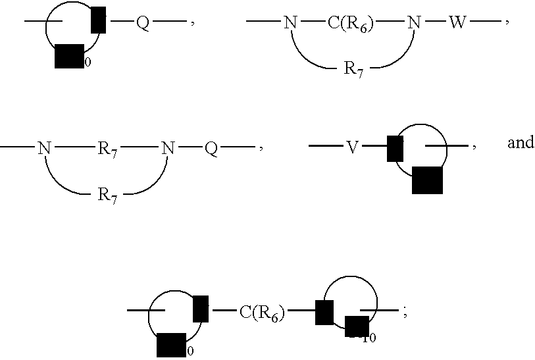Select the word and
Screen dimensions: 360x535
[x=520, y=143]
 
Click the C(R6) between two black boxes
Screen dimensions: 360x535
[x=262, y=313]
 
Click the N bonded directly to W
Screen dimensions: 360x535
[x=413, y=24]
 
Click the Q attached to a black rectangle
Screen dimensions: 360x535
[x=143, y=24]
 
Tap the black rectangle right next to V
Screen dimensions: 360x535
[x=395, y=148]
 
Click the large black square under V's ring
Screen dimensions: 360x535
[x=427, y=180]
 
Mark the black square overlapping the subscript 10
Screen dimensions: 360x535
[x=357, y=326]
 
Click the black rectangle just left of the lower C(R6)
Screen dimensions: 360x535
[x=201, y=309]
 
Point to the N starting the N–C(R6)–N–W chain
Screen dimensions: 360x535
[x=290, y=24]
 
